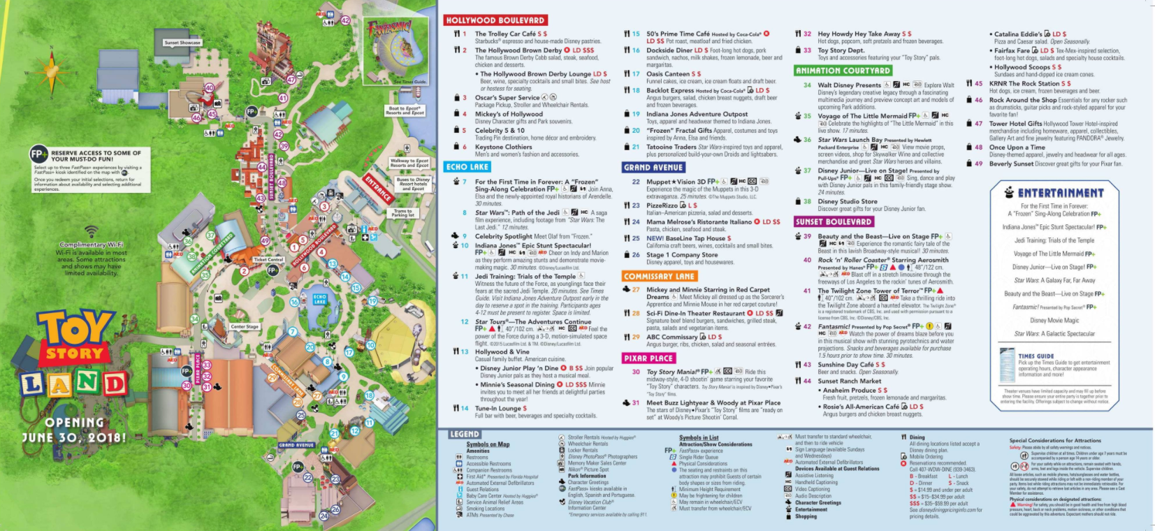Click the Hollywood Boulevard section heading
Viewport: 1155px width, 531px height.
495,20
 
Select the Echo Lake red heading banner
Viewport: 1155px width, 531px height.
467,167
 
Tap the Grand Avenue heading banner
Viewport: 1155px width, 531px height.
653,168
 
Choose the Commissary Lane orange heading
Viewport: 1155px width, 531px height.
659,276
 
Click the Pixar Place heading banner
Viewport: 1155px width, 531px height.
648,358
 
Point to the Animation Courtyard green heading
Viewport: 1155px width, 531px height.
843,71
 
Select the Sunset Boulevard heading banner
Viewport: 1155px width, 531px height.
834,221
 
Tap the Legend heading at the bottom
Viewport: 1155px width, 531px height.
465,434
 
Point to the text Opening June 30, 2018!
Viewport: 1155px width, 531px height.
75,430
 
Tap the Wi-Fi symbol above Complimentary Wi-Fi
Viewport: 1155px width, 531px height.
92,231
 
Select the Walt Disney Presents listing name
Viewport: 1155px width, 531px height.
849,85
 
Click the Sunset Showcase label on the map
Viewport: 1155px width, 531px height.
182,43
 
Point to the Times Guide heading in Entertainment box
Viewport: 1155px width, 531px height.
1036,356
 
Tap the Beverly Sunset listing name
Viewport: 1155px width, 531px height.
1011,163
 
